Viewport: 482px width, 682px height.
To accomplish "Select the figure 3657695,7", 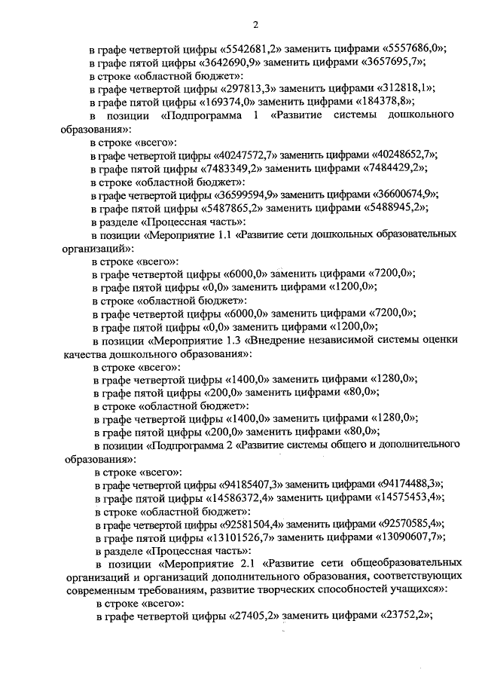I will click(x=392, y=63).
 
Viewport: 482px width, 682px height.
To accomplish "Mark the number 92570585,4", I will click(x=409, y=523).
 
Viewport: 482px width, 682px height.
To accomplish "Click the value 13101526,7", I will click(x=245, y=537).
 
